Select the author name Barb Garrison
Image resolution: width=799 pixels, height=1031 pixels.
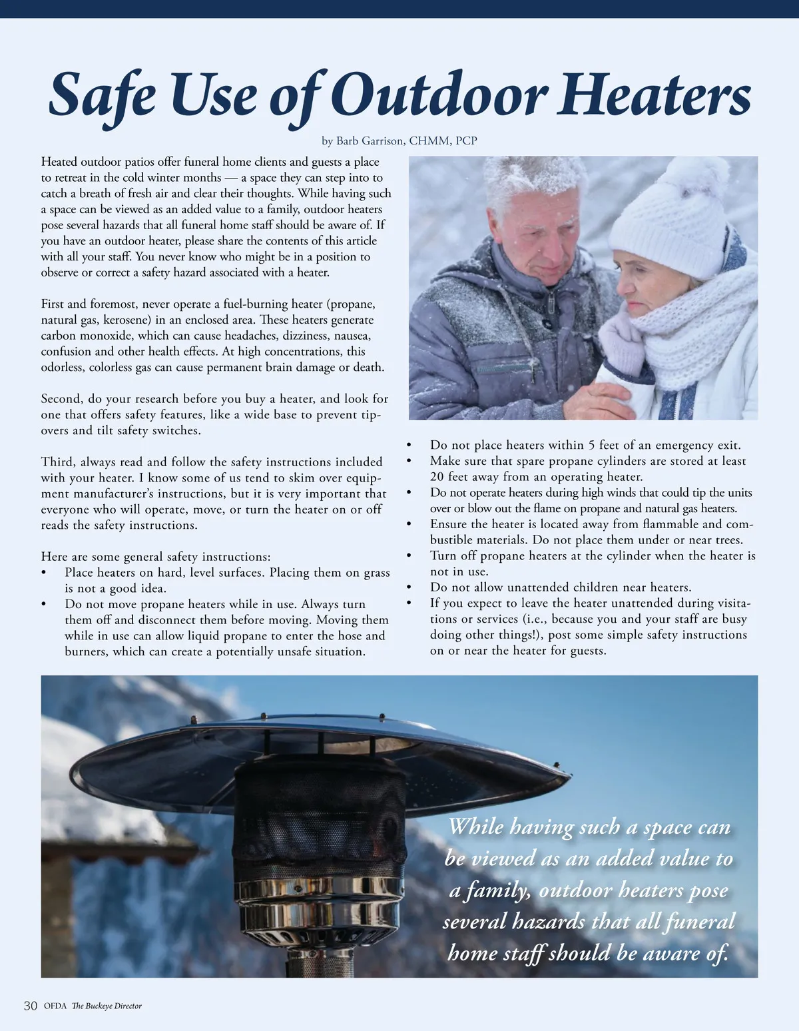click(370, 141)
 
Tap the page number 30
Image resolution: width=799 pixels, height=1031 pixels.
click(30, 1006)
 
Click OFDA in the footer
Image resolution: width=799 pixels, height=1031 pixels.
click(55, 1006)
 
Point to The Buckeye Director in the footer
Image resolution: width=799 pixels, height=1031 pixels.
click(107, 1006)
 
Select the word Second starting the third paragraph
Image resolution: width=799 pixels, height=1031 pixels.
click(61, 399)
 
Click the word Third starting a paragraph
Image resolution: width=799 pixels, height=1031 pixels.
click(56, 462)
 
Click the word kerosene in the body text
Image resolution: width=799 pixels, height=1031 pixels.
click(127, 320)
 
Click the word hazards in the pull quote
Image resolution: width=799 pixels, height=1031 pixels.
click(544, 922)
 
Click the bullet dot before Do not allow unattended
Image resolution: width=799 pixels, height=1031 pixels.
click(409, 587)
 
